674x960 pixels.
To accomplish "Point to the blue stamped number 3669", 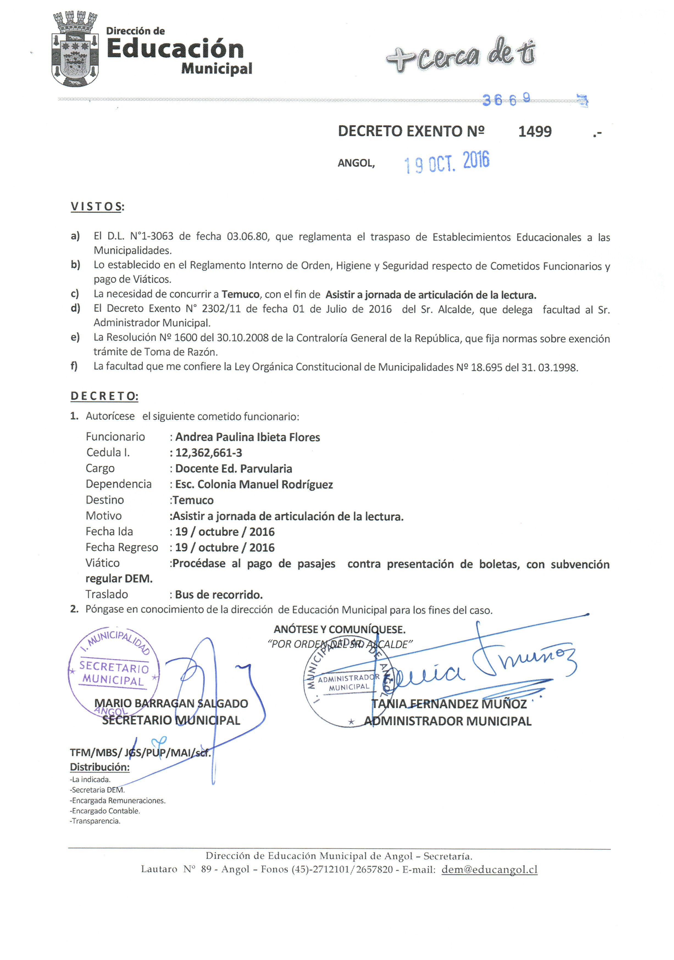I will coord(506,99).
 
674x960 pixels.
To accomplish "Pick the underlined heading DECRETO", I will coord(104,396).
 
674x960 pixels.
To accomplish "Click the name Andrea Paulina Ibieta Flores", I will coord(247,437).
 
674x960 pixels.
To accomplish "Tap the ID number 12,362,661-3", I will coord(208,453).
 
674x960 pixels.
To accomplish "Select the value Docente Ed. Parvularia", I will coord(234,469).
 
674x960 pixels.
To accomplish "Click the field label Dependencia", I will coord(118,484).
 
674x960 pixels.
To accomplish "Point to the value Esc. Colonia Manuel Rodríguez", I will coord(254,485).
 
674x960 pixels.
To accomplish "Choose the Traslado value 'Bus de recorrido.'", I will coord(219,595).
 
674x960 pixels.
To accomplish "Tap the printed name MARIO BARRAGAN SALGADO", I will coord(171,703).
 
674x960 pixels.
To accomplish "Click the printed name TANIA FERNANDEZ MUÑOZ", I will coord(449,704).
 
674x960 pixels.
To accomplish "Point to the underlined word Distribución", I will coord(99,767).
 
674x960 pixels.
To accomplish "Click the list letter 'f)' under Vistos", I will coord(74,366).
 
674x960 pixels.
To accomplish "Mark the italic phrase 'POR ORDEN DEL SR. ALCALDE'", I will coord(340,644).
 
